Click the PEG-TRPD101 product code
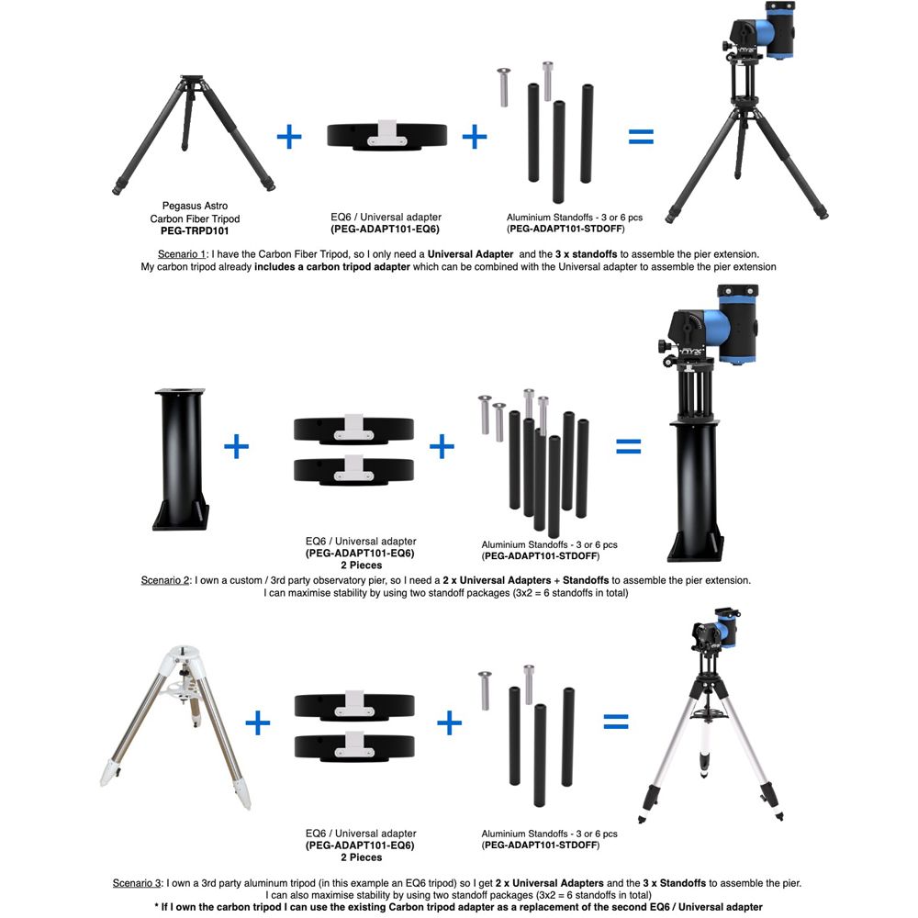click(195, 231)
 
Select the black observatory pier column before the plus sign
click(180, 459)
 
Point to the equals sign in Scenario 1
click(641, 138)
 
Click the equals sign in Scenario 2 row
click(629, 447)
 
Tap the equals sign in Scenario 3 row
click(616, 722)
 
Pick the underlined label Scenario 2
click(164, 580)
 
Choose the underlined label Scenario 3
click(138, 882)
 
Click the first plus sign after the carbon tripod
click(289, 138)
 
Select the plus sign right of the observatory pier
click(237, 447)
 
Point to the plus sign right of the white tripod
click(258, 723)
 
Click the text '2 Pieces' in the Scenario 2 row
click(360, 565)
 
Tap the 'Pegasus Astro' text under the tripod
click(195, 207)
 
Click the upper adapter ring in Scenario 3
click(355, 706)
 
